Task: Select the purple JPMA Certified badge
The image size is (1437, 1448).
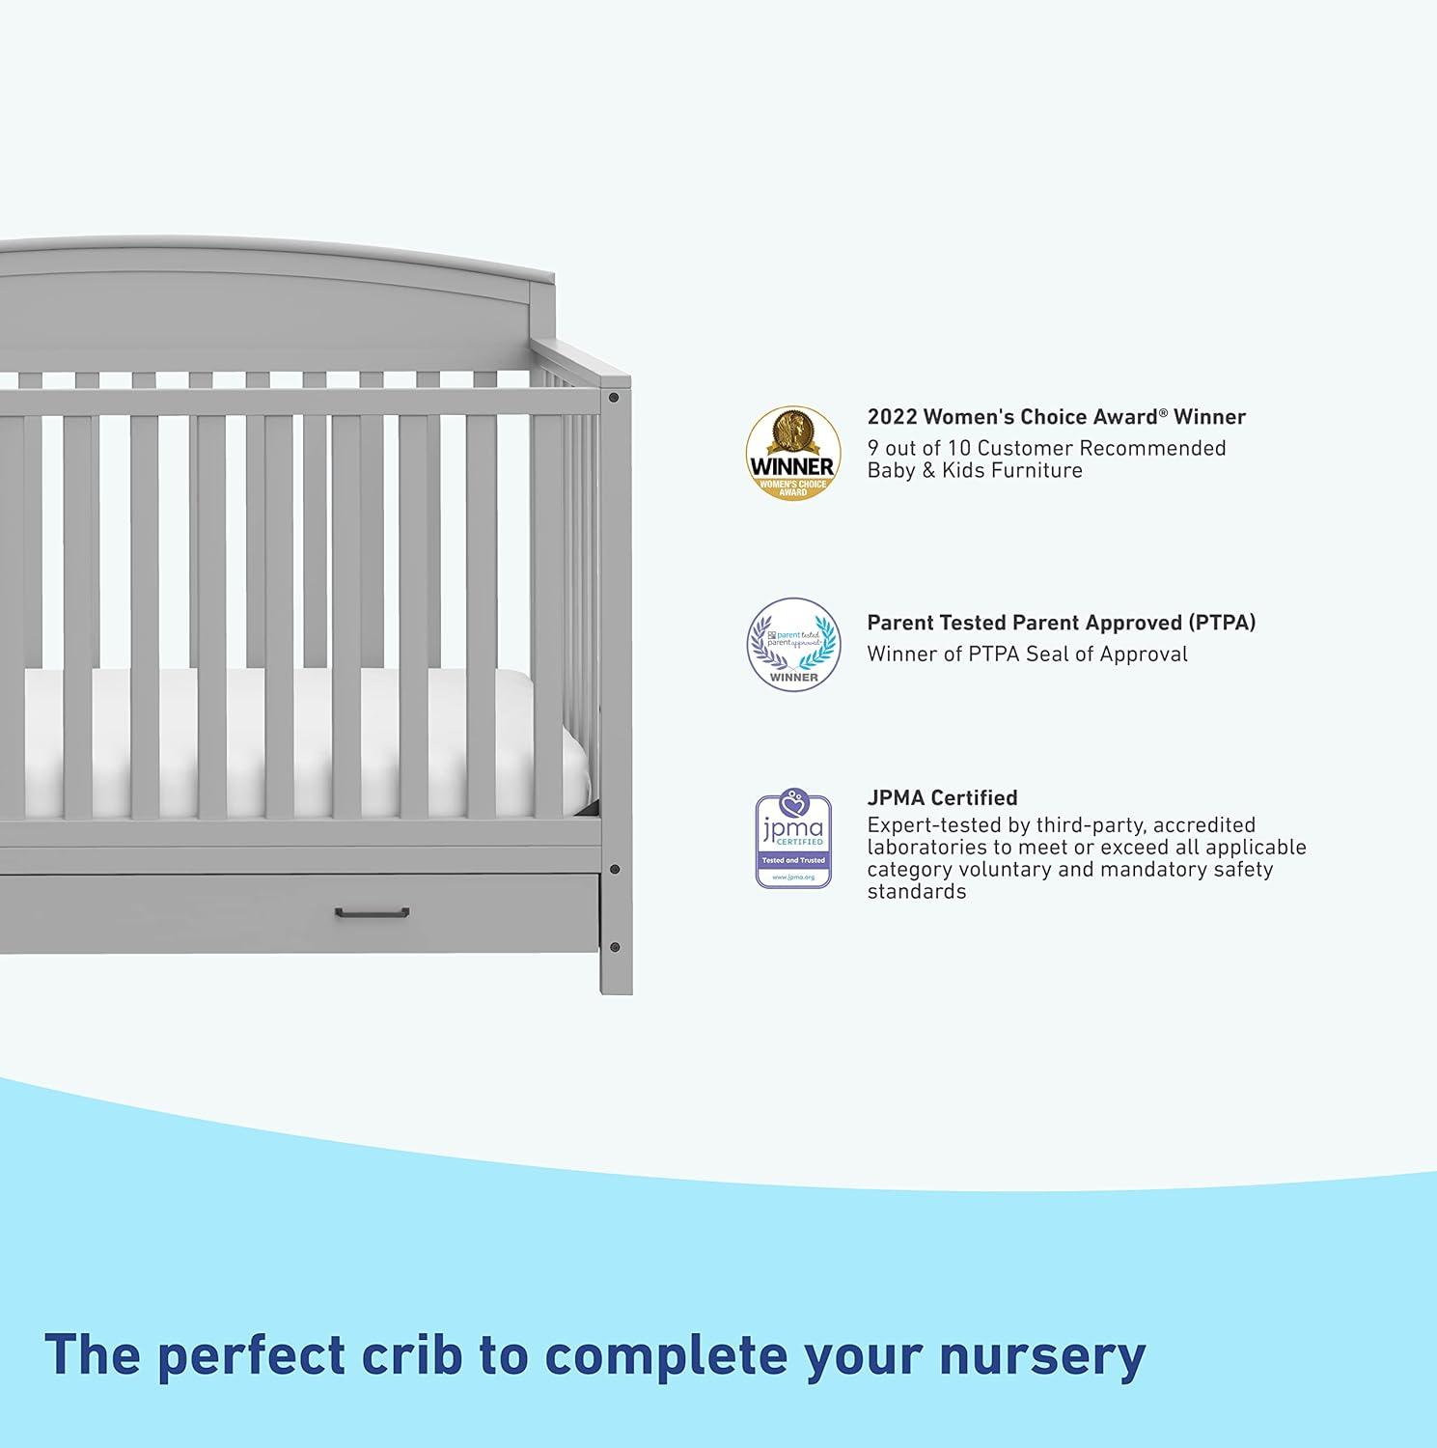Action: coord(793,840)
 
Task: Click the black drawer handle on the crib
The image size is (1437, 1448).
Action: coord(372,912)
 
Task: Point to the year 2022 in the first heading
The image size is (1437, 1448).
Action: coord(892,417)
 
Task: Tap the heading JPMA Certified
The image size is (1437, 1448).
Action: coord(942,798)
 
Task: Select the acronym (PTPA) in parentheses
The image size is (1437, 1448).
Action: coord(1222,623)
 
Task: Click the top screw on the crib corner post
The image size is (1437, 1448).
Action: coord(615,397)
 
